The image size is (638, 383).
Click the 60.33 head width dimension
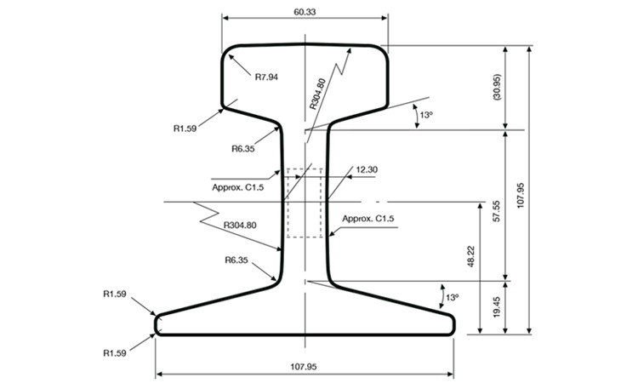coord(305,12)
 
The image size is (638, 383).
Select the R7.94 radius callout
coord(266,77)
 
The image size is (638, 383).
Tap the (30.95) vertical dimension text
coord(497,87)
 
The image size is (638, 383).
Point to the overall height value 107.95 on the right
coord(521,196)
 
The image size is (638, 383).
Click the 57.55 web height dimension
coord(497,211)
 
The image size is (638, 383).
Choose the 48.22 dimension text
coord(471,256)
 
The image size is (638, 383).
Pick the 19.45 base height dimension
coord(497,307)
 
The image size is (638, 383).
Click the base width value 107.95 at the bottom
coord(304,367)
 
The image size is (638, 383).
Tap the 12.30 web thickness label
coord(367,169)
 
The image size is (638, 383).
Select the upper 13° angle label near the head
coord(426,115)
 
